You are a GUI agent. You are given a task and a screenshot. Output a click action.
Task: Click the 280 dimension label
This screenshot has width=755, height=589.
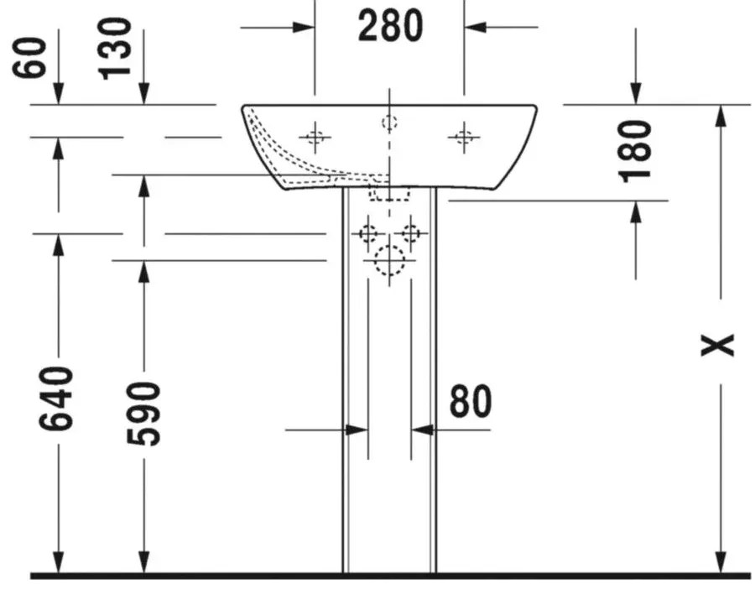(x=390, y=26)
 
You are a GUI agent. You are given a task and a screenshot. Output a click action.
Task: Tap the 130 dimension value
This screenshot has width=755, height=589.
(x=114, y=49)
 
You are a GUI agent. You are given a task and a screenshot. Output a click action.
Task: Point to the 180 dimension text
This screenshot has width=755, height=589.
(x=635, y=152)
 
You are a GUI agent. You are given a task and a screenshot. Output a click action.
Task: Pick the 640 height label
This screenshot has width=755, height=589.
(x=56, y=398)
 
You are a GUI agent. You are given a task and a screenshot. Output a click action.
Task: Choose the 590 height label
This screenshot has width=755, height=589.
(x=143, y=414)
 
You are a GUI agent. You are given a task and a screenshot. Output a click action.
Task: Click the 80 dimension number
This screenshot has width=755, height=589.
(x=471, y=401)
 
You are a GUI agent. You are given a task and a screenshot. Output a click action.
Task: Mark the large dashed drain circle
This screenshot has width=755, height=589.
(x=389, y=261)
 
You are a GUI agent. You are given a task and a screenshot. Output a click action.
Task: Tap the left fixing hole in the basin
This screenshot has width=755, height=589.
(x=315, y=138)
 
